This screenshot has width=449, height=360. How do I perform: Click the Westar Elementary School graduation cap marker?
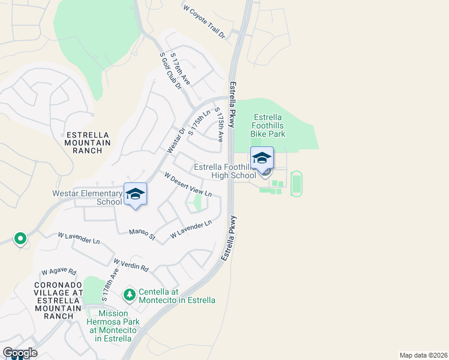pos(136,194)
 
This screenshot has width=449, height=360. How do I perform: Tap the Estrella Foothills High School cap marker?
pos(262,158)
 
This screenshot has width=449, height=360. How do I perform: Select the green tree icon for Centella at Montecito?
pos(129,295)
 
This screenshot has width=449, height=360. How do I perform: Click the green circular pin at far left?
pos(20,239)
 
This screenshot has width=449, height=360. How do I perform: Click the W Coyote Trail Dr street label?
pos(204,22)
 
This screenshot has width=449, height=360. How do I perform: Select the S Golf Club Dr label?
pos(170,71)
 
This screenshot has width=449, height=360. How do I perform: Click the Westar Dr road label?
pos(174,139)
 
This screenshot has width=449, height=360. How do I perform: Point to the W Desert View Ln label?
pos(188,184)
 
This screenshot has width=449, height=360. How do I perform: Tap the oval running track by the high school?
pos(296,184)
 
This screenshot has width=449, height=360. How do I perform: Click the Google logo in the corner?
pos(20,353)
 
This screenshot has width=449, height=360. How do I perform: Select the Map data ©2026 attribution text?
pos(423,355)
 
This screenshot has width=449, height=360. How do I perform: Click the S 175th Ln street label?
pos(199,122)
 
